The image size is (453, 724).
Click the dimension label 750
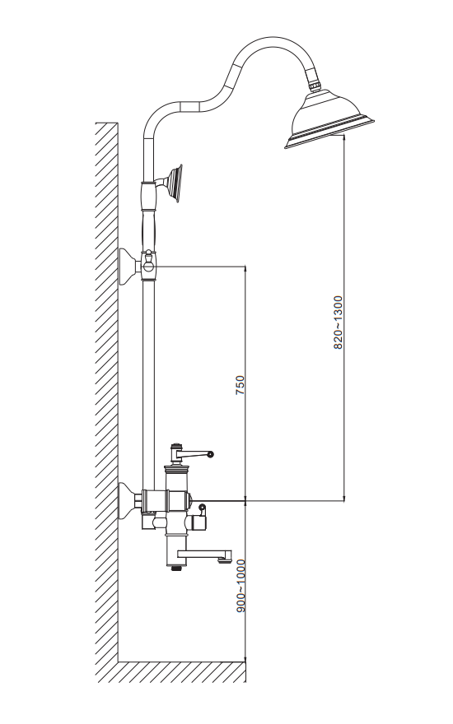tap(240, 385)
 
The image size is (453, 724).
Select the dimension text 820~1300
tap(339, 323)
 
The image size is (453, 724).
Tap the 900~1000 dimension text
tap(241, 586)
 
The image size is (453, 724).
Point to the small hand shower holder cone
tap(175, 183)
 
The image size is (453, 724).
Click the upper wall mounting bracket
tap(129, 267)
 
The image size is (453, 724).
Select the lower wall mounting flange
tap(129, 500)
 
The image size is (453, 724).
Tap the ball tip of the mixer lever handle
tap(211, 454)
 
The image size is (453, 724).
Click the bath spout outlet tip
tap(224, 561)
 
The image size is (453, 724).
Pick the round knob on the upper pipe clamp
tap(149, 266)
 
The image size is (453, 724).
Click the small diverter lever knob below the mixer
tap(202, 508)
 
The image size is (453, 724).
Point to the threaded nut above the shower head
tap(315, 86)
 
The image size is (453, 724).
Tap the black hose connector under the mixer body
tap(175, 568)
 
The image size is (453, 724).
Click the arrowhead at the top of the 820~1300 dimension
tap(344, 137)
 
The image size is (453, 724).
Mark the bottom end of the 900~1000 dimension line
tap(245, 661)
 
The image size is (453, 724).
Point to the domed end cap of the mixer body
tap(189, 499)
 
